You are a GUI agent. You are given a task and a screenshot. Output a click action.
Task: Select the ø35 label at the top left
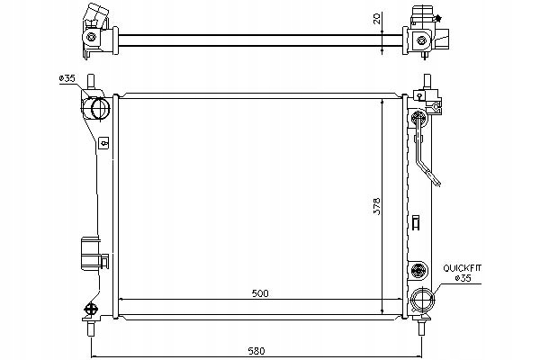coord(66,78)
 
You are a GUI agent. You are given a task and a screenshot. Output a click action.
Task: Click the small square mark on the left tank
coord(103,141)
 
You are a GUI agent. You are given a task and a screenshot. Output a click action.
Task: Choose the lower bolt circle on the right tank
coord(416,269)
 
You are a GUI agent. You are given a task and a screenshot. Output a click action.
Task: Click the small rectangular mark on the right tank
coord(415,221)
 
